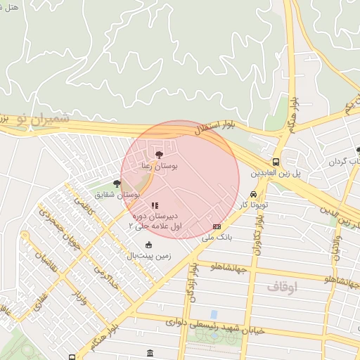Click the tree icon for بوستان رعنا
tap(160, 153)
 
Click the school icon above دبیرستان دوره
tap(155, 205)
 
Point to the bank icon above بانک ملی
tap(217, 226)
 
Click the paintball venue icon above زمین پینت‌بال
tap(148, 245)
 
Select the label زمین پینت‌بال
tap(149, 255)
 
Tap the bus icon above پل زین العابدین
tap(276, 161)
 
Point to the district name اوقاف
tap(283, 287)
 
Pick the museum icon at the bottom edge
tap(149, 353)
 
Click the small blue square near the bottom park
tap(214, 314)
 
